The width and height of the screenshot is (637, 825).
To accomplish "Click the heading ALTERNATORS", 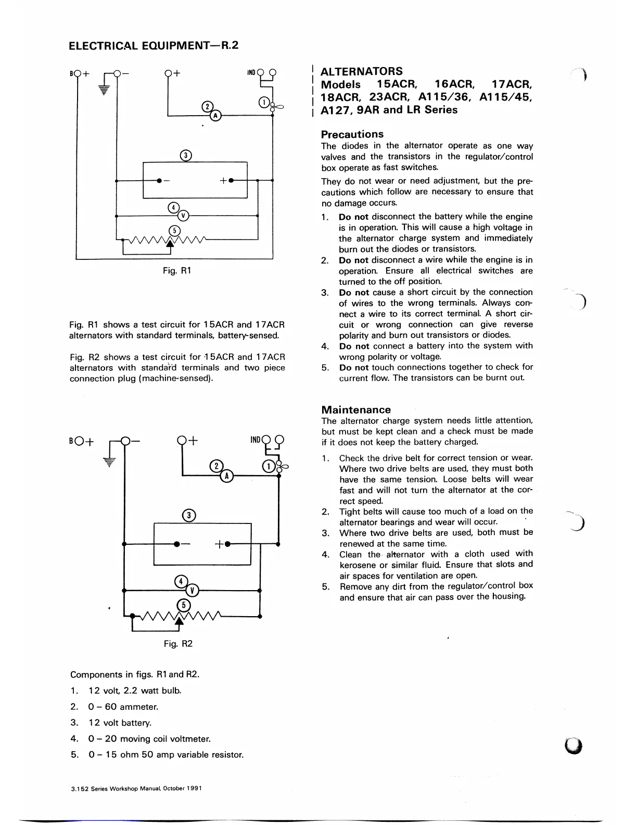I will (361, 71).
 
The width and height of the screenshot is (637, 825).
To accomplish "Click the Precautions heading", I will (352, 134).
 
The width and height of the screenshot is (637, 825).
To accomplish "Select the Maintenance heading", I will (355, 409).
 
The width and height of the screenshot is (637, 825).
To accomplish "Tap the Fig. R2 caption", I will (178, 644).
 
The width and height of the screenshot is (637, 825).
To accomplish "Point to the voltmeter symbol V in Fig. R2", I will (193, 590).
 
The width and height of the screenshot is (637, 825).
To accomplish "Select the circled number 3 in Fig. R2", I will (190, 515).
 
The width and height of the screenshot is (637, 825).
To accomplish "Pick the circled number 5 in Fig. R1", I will (175, 231).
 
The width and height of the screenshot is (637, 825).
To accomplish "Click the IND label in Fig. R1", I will (251, 72).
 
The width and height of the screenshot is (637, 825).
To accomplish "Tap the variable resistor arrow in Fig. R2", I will (180, 620).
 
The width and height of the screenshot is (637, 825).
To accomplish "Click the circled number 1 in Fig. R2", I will (269, 466).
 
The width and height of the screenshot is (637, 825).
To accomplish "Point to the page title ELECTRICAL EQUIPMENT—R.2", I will (154, 45).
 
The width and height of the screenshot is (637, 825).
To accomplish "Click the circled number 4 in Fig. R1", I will (174, 208).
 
